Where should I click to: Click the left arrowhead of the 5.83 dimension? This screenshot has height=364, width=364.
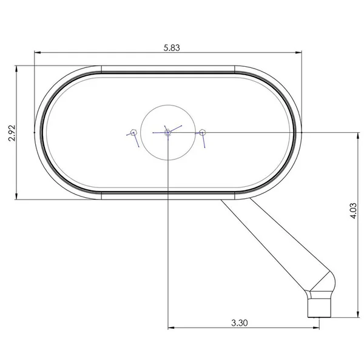[x=36, y=53]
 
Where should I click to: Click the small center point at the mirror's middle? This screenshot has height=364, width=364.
[x=168, y=132]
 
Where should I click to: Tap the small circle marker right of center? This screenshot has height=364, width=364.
[x=203, y=132]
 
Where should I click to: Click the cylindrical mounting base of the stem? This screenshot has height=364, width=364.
[x=320, y=306]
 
